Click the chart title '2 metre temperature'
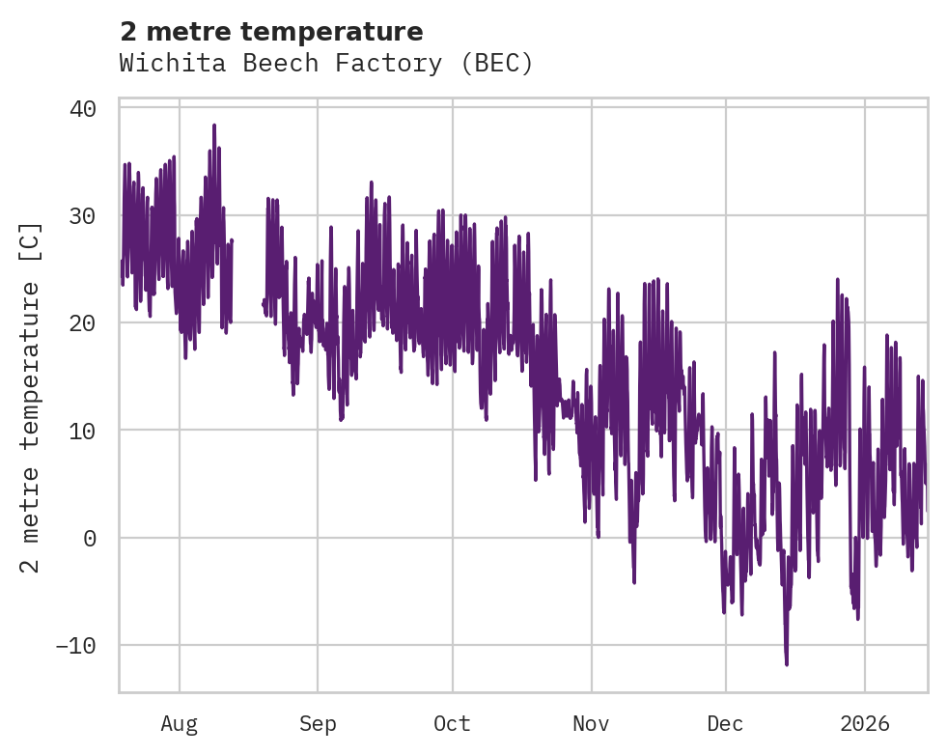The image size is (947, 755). [x=271, y=32]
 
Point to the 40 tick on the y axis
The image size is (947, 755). [x=83, y=108]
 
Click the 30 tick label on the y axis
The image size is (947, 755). [x=83, y=215]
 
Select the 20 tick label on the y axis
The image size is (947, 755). [x=83, y=322]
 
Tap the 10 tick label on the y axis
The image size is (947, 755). [x=83, y=430]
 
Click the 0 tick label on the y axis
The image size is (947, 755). [x=90, y=538]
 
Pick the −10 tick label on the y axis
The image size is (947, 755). [x=76, y=645]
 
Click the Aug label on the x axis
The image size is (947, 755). [x=179, y=723]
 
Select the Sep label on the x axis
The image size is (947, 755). [x=318, y=723]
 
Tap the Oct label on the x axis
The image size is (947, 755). [x=452, y=723]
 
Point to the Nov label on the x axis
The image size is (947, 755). [x=591, y=723]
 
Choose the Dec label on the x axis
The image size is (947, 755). [x=725, y=723]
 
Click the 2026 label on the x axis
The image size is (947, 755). [x=864, y=723]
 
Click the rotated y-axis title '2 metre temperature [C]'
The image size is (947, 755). [x=31, y=397]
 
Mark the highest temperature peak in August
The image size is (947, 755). [x=214, y=126]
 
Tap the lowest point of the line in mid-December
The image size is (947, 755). [x=787, y=664]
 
